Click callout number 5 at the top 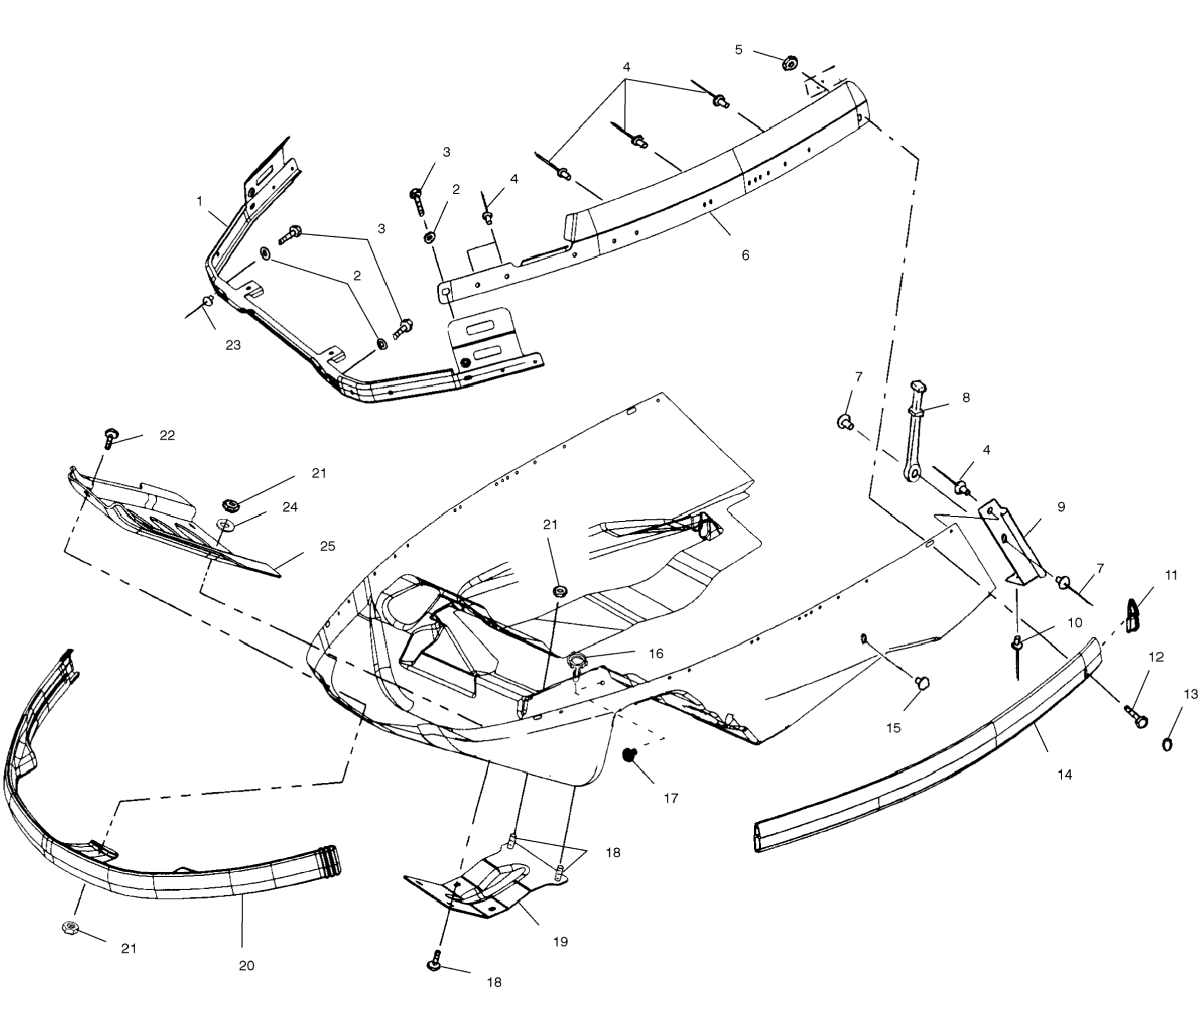[739, 50]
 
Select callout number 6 [746, 255]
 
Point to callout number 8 [966, 397]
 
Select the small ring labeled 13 [1167, 744]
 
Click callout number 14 [1065, 775]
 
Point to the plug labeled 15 [921, 683]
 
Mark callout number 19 [560, 942]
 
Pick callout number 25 [328, 546]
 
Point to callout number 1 [199, 201]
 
